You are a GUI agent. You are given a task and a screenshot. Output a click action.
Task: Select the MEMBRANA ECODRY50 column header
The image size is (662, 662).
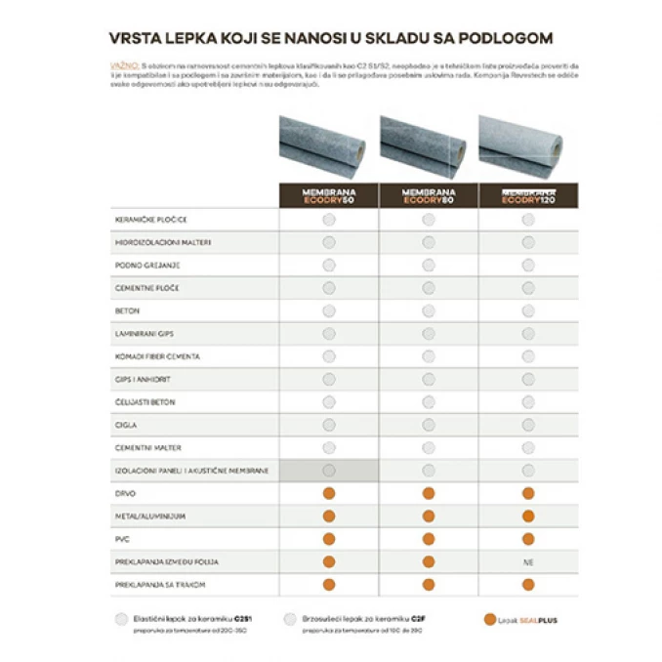click(328, 195)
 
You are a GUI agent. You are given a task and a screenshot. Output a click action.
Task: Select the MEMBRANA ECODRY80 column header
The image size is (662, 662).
click(428, 195)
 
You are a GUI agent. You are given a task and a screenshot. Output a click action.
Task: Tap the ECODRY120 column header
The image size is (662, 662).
click(527, 195)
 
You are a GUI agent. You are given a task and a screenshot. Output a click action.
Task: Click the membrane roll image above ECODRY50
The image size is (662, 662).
click(328, 146)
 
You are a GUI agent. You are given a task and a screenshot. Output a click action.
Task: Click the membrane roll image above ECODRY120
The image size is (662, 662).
click(527, 146)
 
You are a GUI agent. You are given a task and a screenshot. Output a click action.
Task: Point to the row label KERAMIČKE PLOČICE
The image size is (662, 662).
click(150, 220)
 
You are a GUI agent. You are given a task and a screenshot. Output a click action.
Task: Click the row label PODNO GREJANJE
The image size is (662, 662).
click(147, 265)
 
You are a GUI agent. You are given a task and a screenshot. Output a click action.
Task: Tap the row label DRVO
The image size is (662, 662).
click(126, 493)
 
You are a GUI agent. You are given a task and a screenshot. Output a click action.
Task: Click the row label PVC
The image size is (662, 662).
click(122, 538)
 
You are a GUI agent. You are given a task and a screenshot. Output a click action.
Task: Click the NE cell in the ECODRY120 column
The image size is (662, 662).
click(528, 561)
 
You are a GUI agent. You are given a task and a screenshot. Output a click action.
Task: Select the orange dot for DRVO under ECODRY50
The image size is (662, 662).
click(329, 493)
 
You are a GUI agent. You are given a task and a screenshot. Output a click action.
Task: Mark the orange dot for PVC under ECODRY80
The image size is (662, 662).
click(429, 538)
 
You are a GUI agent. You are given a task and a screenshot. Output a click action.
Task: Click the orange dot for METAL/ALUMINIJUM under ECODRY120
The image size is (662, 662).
click(528, 516)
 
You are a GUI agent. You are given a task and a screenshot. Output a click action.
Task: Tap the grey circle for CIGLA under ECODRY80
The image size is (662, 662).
click(429, 425)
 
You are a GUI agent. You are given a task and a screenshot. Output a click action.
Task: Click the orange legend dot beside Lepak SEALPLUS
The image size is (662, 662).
click(490, 619)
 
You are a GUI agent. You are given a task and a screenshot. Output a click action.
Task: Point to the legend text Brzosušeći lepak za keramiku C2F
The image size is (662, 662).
click(352, 619)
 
